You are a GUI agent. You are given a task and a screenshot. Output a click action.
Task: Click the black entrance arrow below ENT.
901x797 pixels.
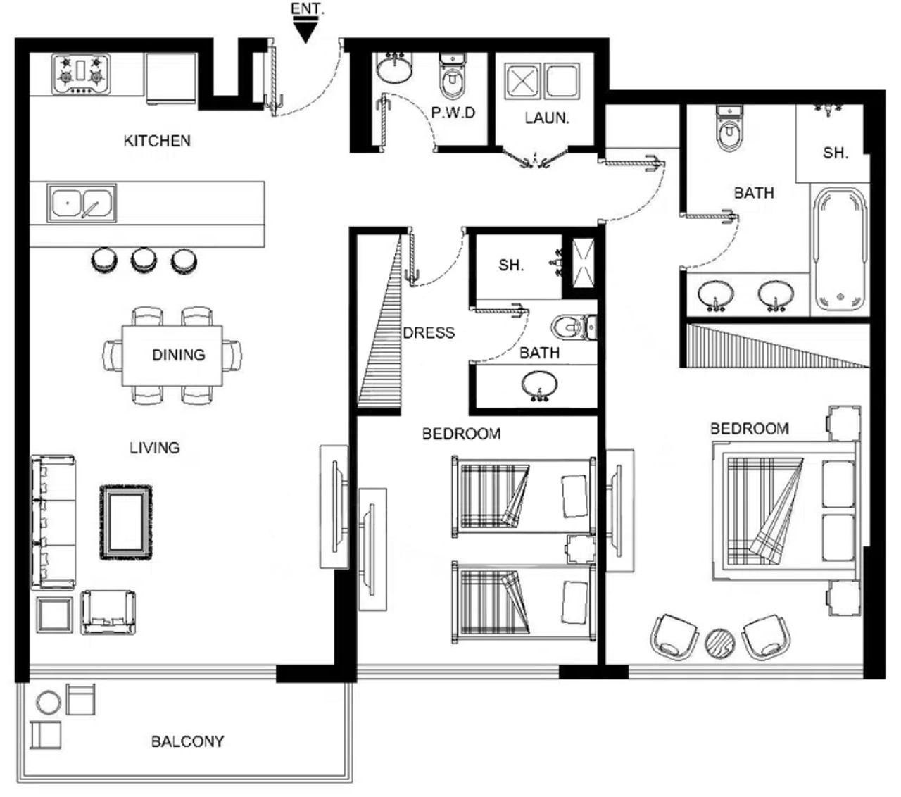tap(305, 32)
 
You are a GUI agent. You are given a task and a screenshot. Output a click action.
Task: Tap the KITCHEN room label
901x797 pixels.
tap(157, 141)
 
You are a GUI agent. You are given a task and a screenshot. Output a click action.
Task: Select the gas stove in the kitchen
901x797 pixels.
tap(81, 74)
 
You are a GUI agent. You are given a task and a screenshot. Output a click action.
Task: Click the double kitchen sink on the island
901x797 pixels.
tap(82, 203)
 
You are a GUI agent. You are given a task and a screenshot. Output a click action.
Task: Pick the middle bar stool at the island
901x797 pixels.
tap(144, 260)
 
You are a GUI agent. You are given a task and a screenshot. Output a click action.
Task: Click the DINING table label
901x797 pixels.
tap(178, 355)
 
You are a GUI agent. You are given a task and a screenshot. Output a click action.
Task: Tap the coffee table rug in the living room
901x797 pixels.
tap(126, 522)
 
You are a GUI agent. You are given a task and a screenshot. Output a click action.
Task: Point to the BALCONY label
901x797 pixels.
tap(188, 741)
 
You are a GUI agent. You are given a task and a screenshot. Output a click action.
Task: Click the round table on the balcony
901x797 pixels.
tap(48, 703)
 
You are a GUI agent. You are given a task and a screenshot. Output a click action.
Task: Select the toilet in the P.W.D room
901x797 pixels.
tap(453, 77)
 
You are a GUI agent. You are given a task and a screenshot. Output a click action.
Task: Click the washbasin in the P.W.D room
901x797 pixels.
tap(394, 68)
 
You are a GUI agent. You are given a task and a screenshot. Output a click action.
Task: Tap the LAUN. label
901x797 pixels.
tap(546, 118)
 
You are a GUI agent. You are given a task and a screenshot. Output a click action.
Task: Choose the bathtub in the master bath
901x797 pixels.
tap(840, 249)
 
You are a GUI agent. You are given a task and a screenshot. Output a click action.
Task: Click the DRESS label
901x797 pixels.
tap(429, 333)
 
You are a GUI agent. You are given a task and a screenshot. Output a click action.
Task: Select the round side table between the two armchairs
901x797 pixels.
tap(720, 644)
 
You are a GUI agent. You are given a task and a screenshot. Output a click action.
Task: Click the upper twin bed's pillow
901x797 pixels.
tap(574, 496)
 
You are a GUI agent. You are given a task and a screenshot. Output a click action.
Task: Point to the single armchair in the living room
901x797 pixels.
tap(108, 612)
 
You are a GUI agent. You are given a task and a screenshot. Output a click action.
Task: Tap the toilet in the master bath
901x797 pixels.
tap(729, 127)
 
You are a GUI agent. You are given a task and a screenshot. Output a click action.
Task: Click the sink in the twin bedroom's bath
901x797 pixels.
tap(539, 385)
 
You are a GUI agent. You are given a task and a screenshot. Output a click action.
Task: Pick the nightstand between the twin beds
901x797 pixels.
tap(580, 550)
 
